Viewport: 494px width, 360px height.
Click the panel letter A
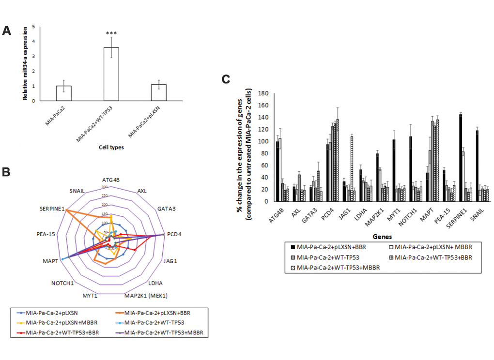click(7, 30)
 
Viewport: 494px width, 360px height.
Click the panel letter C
click(226, 79)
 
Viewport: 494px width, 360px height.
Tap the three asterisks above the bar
click(112, 34)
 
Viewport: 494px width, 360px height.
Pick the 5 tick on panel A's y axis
click(33, 27)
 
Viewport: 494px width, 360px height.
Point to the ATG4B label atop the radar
click(111, 180)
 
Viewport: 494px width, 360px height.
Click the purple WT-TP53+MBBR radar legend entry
click(161, 332)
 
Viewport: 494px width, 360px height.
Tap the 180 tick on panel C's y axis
click(263, 93)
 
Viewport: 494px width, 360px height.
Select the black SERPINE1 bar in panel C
click(460, 159)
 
